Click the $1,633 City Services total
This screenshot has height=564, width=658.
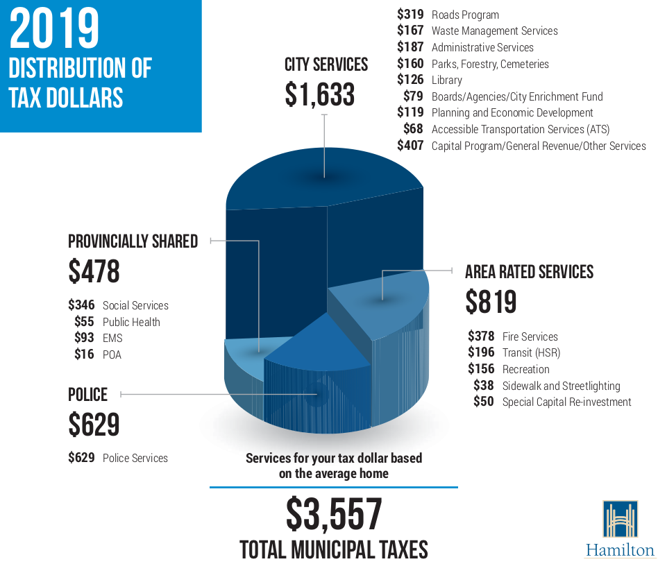[x=319, y=94]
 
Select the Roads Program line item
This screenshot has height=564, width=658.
[x=465, y=15]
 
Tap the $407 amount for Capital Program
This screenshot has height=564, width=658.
[x=410, y=146]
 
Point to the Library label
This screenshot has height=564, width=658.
[x=446, y=80]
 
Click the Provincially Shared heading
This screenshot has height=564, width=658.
[x=133, y=241]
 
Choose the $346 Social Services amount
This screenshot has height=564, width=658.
[x=81, y=305]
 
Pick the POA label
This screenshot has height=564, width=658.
[x=112, y=354]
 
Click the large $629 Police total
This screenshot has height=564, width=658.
[x=94, y=425]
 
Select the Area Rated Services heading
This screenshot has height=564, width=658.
[x=529, y=271]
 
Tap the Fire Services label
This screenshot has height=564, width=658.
[x=530, y=336]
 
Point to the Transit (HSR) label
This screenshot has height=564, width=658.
[x=531, y=352]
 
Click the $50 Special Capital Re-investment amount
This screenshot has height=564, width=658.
[x=483, y=402]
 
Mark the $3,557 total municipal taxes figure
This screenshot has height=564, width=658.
[x=334, y=514]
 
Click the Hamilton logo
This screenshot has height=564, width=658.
[x=620, y=529]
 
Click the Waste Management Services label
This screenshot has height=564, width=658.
[x=494, y=31]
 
